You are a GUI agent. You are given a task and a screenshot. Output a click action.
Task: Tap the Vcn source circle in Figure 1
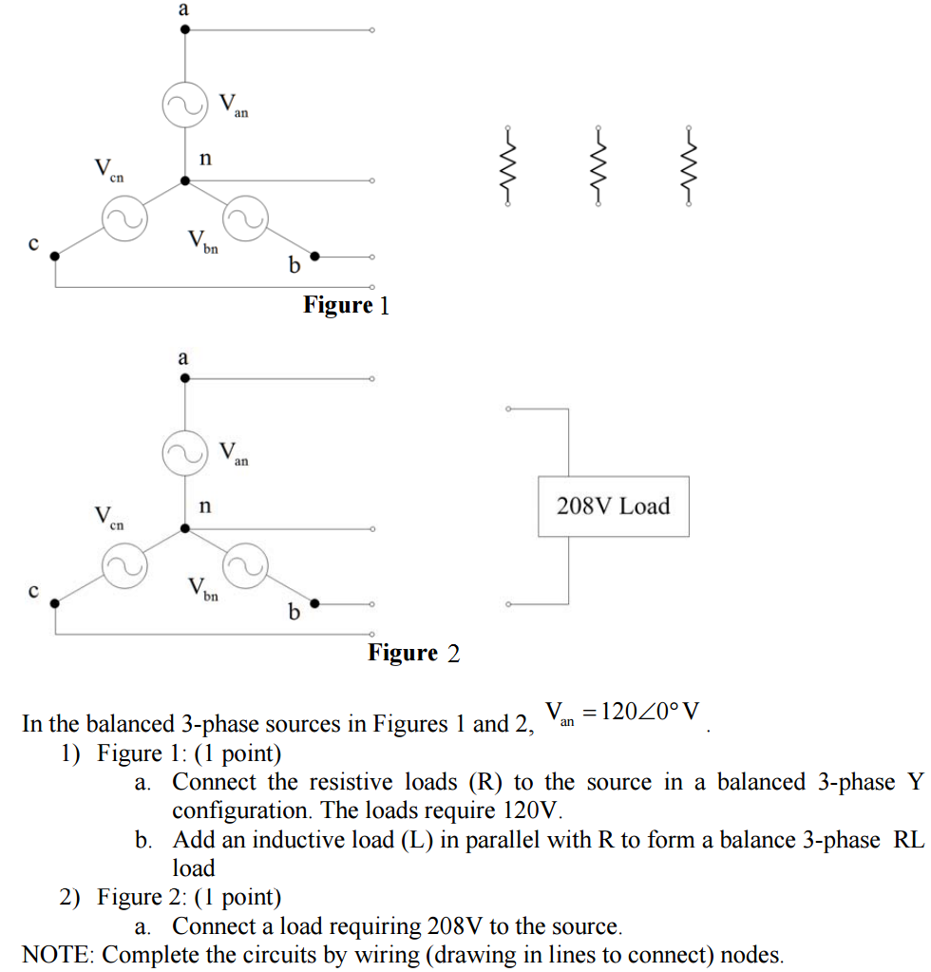[124, 219]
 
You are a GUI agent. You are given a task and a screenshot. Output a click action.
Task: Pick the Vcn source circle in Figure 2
[124, 566]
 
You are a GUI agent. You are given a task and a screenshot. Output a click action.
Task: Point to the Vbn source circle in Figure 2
[245, 566]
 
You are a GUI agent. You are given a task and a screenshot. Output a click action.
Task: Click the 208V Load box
[613, 506]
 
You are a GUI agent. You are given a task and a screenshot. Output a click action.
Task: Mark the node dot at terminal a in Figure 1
[185, 30]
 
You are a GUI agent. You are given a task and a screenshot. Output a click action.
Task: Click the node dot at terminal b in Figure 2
[316, 603]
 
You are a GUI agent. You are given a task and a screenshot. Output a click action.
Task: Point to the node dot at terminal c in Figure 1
[54, 256]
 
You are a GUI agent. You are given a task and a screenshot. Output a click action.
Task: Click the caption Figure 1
[347, 306]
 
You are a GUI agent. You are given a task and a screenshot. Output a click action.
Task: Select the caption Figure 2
[413, 654]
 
